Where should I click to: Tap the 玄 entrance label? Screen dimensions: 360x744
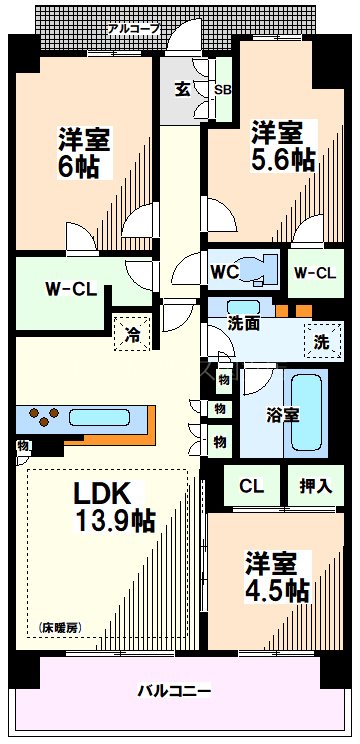(x=183, y=88)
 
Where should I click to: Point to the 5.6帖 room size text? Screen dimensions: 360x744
(x=283, y=159)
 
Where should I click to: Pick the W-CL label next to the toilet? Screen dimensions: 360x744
(x=314, y=271)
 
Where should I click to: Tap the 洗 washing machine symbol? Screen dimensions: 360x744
(x=321, y=341)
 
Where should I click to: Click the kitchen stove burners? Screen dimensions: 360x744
(x=44, y=416)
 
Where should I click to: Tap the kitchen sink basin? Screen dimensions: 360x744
(x=98, y=417)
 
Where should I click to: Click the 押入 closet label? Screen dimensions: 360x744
(x=315, y=486)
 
